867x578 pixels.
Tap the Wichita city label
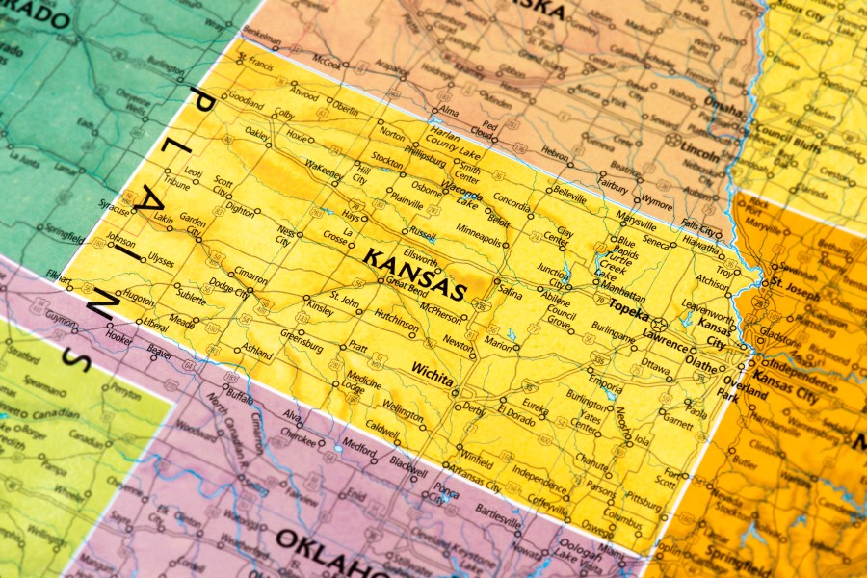point(432,374)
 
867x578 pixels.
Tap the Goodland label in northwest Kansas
point(247,105)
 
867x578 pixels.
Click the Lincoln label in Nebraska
point(699,153)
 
